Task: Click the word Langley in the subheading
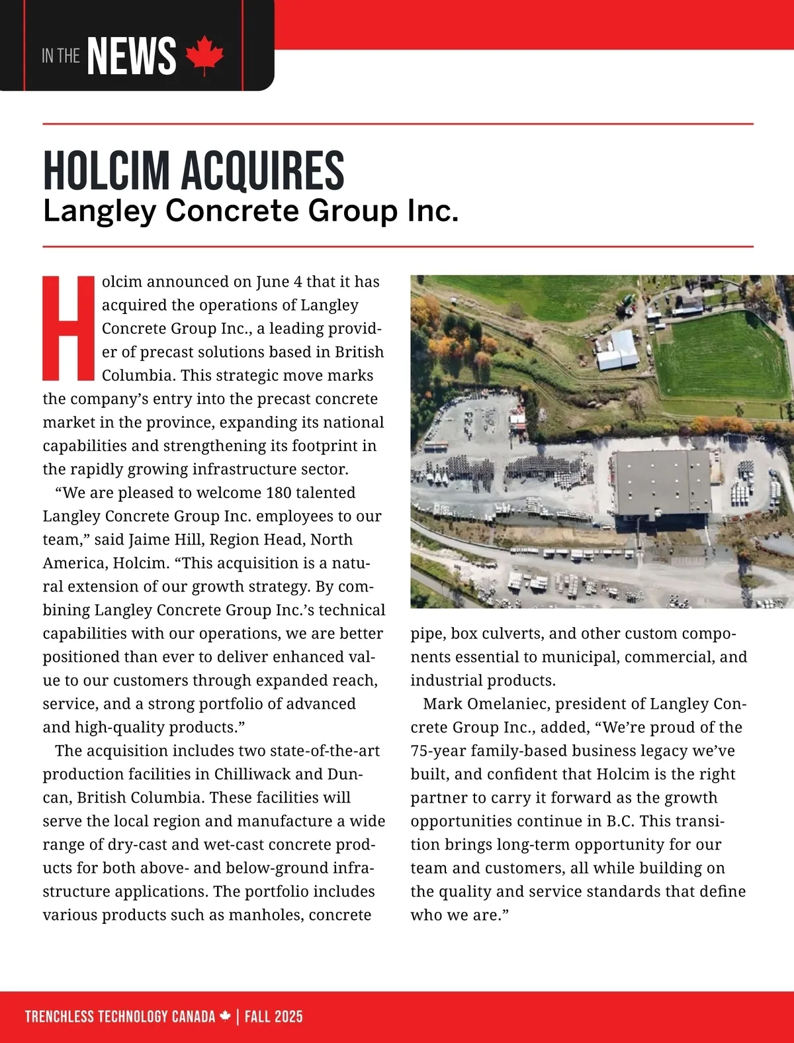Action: coord(99,211)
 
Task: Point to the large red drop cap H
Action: coord(69,328)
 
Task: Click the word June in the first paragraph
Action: coord(272,281)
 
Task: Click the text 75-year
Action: coord(439,751)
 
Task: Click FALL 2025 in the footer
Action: coord(273,1017)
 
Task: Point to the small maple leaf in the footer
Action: coord(226,1016)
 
